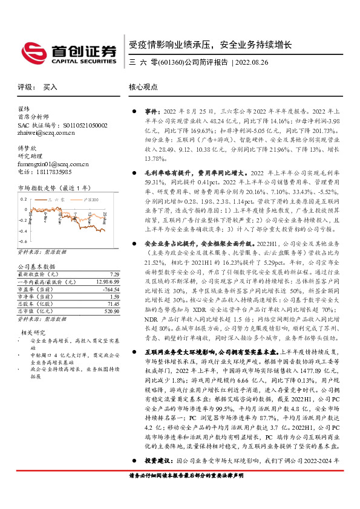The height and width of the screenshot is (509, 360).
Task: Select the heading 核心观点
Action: (143, 87)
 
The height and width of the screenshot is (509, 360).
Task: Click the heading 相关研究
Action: (33, 332)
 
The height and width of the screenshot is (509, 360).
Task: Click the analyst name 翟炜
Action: (24, 109)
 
